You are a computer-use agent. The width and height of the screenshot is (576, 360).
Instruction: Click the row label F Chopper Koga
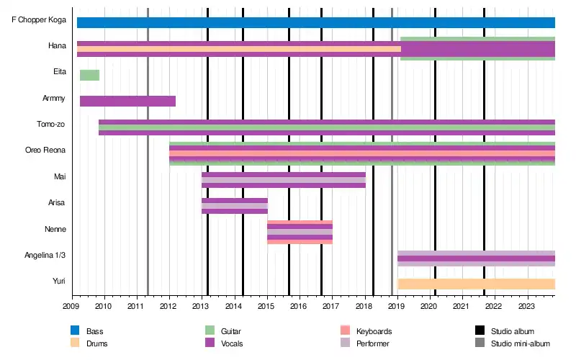(x=39, y=20)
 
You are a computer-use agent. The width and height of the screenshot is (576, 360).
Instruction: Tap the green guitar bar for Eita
(x=89, y=75)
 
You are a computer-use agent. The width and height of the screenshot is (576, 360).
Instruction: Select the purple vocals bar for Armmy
(x=127, y=101)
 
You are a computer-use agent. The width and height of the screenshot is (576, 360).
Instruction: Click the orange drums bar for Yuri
(x=476, y=284)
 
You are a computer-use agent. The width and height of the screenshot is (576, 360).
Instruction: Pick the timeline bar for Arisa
(x=235, y=206)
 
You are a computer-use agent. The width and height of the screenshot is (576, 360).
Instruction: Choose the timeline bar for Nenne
(x=300, y=232)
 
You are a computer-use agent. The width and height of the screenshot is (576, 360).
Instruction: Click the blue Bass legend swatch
(x=74, y=330)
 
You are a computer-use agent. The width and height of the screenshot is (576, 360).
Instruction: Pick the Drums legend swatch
(x=74, y=343)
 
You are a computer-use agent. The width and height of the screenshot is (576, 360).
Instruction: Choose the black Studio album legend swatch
(x=480, y=330)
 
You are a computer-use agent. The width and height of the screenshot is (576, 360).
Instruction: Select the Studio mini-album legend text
(x=520, y=344)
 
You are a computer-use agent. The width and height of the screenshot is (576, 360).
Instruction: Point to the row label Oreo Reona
(x=45, y=150)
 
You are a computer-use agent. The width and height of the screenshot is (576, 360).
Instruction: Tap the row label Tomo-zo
(x=51, y=124)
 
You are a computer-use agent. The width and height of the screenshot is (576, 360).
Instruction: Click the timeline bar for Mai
(x=284, y=180)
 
